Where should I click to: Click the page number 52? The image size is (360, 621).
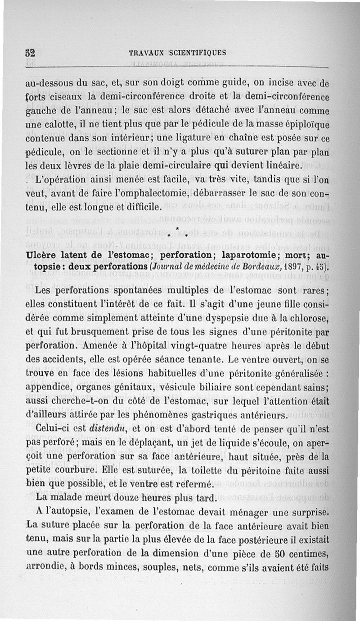pos(31,52)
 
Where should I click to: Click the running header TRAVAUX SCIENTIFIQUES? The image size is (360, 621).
pos(177,52)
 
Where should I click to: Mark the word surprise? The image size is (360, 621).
pos(307,513)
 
